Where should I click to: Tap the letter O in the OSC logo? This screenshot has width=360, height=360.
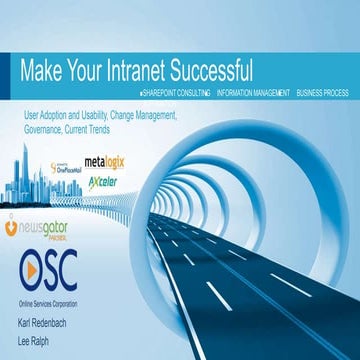pyautogui.click(x=32, y=270)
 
